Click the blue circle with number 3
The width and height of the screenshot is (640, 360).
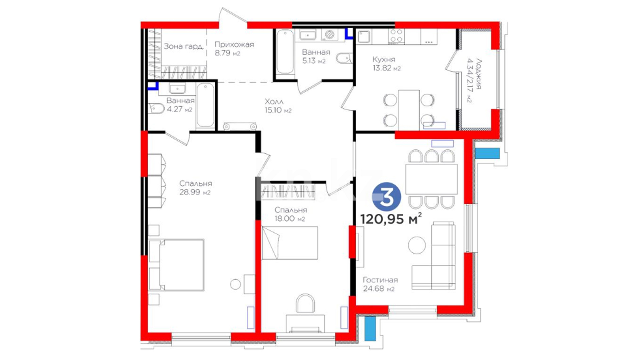tap(386, 197)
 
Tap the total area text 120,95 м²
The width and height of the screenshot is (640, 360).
tap(391, 219)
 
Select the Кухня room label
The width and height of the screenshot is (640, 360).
tap(384, 59)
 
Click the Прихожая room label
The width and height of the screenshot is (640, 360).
tap(234, 44)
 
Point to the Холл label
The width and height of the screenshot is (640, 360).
tap(274, 101)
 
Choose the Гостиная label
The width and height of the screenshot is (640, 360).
tap(380, 280)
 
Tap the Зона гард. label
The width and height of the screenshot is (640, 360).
tap(183, 46)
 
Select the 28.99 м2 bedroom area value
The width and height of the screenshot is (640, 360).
tap(195, 192)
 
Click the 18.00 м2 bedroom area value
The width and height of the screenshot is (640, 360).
tap(290, 219)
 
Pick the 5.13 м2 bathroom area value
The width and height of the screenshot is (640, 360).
tap(314, 61)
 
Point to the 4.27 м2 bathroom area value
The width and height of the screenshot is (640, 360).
tap(180, 109)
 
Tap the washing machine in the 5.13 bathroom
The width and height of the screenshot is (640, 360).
tap(330, 35)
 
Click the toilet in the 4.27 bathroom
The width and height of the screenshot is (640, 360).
tap(156, 108)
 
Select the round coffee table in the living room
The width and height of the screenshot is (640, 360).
tap(417, 245)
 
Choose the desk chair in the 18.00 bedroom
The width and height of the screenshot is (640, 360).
tap(305, 303)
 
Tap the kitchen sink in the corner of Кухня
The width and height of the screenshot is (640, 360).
tap(364, 37)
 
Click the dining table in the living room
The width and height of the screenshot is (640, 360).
tap(431, 179)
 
